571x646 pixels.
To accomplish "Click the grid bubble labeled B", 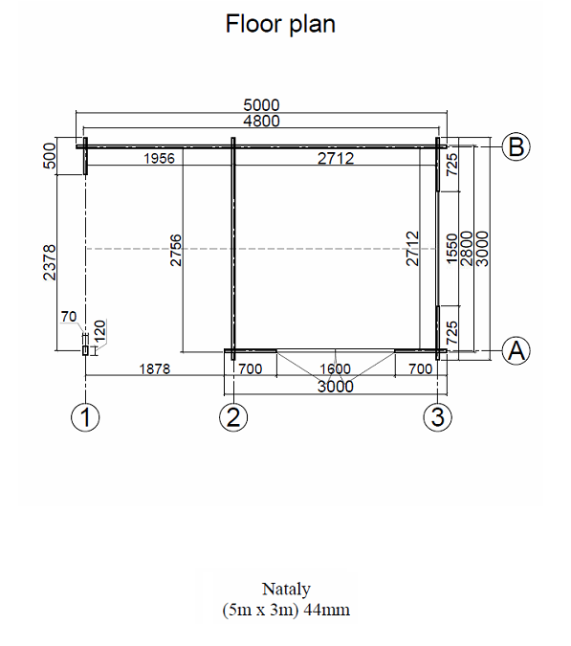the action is click(516, 146).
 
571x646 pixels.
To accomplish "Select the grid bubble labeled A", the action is click(516, 351).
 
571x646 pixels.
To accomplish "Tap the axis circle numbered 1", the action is click(85, 417).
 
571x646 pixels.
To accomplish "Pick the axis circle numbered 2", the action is click(233, 417).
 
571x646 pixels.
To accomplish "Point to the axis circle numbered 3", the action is click(438, 417).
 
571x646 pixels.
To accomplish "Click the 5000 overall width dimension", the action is click(261, 105).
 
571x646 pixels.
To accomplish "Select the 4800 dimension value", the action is click(261, 122).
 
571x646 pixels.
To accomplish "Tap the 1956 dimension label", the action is click(159, 158).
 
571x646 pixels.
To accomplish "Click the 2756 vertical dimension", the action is click(176, 250).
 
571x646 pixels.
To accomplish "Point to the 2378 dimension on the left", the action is click(50, 262).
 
